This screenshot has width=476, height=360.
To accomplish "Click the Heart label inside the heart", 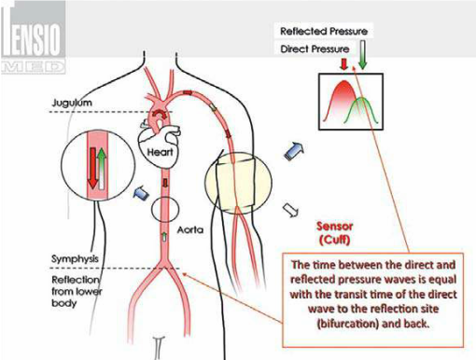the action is [x=160, y=152].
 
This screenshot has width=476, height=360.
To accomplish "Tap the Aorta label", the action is [x=190, y=230].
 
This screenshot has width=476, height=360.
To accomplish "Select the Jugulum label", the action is [x=72, y=103].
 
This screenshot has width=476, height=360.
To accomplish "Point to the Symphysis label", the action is [x=75, y=258].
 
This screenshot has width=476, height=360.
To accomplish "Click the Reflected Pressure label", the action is [x=324, y=31].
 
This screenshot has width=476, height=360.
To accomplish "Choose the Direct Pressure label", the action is [x=315, y=49].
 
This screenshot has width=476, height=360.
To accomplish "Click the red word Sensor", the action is [x=335, y=226].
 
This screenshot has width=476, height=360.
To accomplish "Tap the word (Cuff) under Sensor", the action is [x=335, y=240].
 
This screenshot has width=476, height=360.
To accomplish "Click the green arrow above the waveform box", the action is [x=362, y=55].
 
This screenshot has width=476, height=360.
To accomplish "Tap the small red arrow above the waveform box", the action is [x=343, y=64].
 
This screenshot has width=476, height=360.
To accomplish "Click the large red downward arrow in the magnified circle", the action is [x=92, y=168].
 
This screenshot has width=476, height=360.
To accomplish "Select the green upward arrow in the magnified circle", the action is [x=102, y=168].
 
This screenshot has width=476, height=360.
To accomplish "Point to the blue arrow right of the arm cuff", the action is [x=293, y=151].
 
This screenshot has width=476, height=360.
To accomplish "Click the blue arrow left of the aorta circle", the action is [x=141, y=193].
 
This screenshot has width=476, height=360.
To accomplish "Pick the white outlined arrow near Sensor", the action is [x=290, y=210].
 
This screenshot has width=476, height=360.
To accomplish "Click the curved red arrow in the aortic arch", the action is [x=160, y=114].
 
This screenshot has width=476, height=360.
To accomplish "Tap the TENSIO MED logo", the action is [x=33, y=37].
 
